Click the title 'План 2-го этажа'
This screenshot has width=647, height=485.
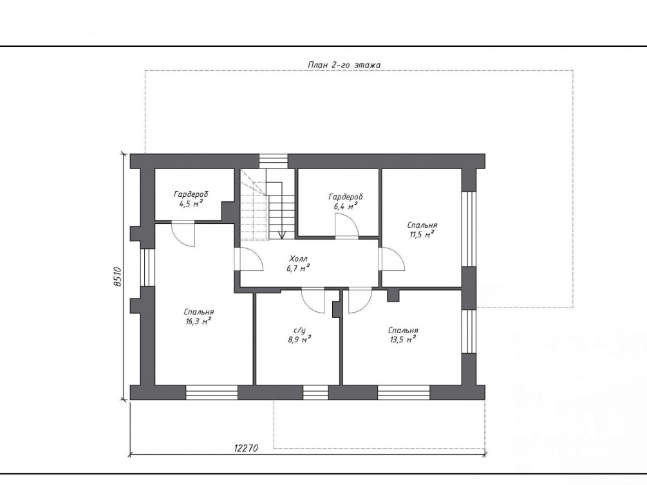[x=344, y=65]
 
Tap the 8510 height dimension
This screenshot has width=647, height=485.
[x=117, y=277]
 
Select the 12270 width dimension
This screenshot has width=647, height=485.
[x=247, y=448]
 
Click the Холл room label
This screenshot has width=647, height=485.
[x=298, y=259]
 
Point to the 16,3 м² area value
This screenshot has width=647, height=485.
[x=199, y=321]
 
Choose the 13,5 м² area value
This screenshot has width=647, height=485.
[x=403, y=340]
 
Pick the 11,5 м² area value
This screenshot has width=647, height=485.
[x=421, y=235]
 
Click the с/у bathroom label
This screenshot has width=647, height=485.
[x=299, y=331]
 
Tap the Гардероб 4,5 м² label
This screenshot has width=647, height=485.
[x=191, y=198]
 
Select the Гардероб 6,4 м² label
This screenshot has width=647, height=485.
[x=346, y=201]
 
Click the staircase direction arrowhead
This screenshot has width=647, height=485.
[x=282, y=235]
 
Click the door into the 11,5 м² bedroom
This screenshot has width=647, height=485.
[x=392, y=259]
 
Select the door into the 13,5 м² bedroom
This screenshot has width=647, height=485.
[x=360, y=300]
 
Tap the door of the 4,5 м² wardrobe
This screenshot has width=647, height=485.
[x=183, y=234]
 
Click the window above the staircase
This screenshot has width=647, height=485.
[x=273, y=161]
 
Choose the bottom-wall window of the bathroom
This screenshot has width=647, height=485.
[x=315, y=392]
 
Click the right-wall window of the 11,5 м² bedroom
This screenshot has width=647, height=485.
[x=469, y=229]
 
